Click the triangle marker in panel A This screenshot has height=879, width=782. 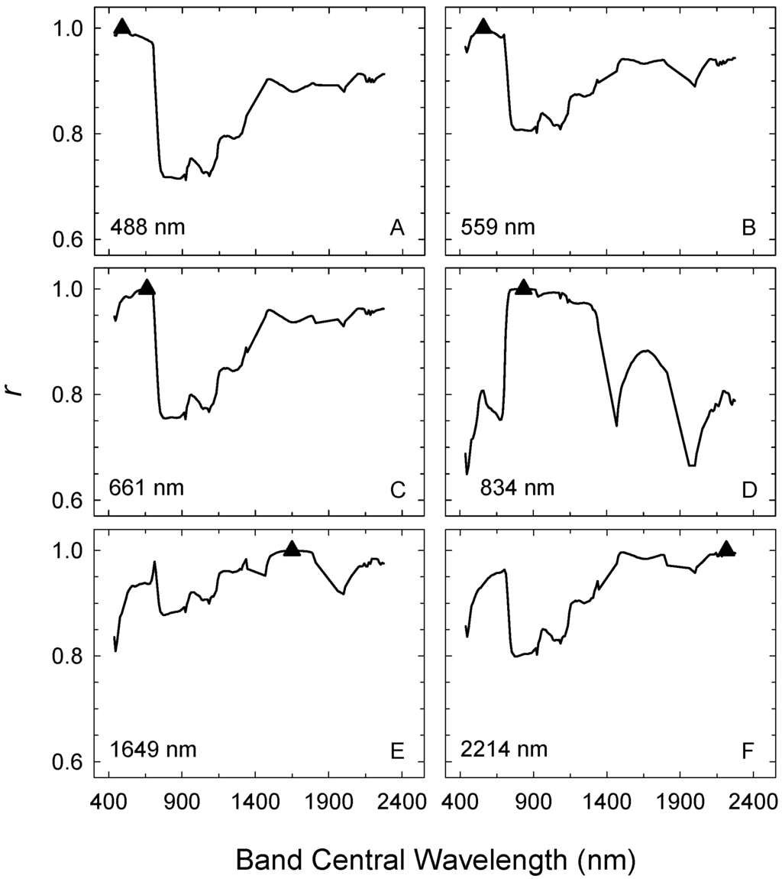click(121, 27)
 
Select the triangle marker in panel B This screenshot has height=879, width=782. click(483, 27)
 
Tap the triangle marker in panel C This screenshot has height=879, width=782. click(147, 287)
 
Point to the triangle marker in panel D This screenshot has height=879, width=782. click(523, 287)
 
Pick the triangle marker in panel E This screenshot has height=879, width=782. click(291, 548)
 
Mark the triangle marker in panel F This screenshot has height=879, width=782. click(726, 548)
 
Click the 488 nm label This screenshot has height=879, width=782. click(147, 228)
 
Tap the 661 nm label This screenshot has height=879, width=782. click(147, 488)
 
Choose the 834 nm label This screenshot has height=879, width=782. click(517, 488)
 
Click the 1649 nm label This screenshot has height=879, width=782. click(153, 749)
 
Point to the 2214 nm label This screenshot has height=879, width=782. click(504, 749)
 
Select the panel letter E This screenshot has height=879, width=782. click(396, 750)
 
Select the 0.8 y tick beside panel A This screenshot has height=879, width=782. click(67, 135)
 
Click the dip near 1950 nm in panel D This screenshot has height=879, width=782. click(691, 465)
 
